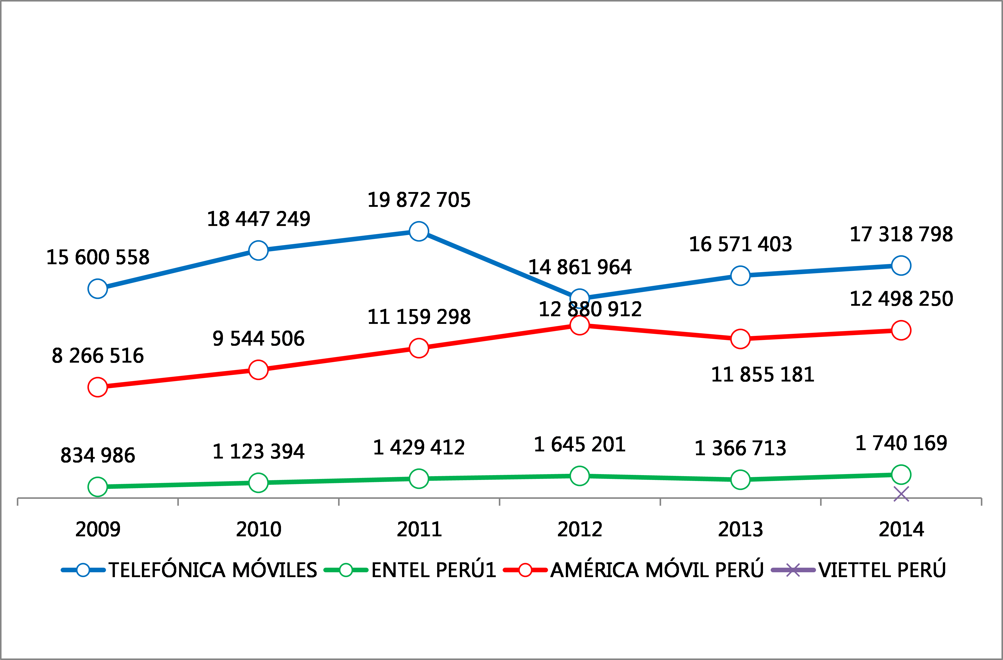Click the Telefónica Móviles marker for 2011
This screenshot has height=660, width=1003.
coord(419,231)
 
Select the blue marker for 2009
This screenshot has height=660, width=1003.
coord(97,289)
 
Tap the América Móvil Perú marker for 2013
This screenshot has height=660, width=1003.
coord(740,339)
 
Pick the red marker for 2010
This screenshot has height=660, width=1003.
coord(258,370)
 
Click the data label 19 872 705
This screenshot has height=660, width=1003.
coord(419,200)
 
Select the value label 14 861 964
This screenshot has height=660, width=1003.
coord(580,267)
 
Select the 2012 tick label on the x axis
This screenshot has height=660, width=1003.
coord(580,529)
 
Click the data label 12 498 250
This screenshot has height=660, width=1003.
coord(901,299)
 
